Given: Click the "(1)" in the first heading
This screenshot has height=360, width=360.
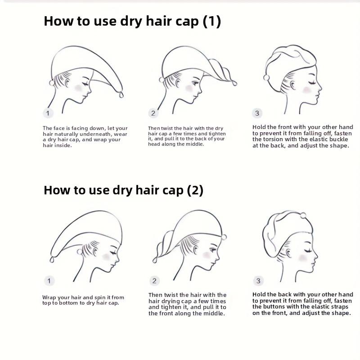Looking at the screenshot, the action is coord(211,21).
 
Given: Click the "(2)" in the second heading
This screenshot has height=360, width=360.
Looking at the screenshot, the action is coord(195,190).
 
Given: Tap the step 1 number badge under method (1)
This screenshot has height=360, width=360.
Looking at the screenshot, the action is coord(48,113).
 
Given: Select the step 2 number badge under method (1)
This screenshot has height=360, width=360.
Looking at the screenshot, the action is coord(153,113).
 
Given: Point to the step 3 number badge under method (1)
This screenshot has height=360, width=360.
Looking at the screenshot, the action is coord(257,113).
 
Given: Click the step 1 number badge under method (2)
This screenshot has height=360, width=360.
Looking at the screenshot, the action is coord(49,281).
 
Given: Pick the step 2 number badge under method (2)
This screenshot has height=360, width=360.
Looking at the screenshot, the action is coord(154,280).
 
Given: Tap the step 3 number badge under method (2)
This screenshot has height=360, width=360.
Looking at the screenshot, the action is coord(258,280).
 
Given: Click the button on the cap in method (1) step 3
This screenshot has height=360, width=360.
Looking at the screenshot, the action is coord(266,77).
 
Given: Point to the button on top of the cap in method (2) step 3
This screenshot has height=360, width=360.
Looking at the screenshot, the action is coord(303,216).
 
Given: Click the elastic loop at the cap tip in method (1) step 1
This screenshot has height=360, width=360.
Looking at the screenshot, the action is coord(121,94).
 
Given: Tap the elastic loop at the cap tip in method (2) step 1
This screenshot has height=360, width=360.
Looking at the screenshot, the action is coord(52,260).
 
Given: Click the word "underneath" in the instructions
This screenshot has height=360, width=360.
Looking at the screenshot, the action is coord(95,134).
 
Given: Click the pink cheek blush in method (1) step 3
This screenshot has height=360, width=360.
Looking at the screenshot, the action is coord(307,90).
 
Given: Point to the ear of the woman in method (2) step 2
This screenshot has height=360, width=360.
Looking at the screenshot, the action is coord(195,250).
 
